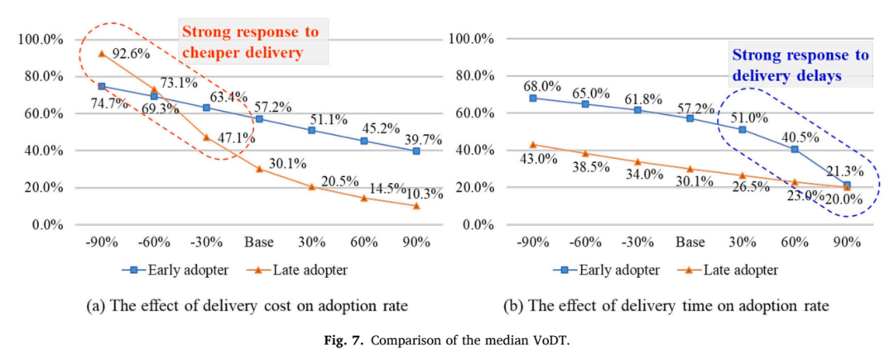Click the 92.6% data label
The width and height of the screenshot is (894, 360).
[131, 55]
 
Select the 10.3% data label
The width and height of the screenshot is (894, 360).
[424, 194]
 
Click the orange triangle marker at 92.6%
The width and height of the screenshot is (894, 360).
[102, 54]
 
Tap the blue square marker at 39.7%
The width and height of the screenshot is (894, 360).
[416, 151]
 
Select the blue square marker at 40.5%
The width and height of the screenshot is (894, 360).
[794, 149]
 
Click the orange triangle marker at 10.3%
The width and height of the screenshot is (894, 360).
[416, 205]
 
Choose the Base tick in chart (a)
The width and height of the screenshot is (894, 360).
[259, 242]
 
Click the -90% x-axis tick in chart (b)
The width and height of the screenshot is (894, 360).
[532, 242]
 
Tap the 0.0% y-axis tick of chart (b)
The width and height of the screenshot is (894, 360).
[478, 225]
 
